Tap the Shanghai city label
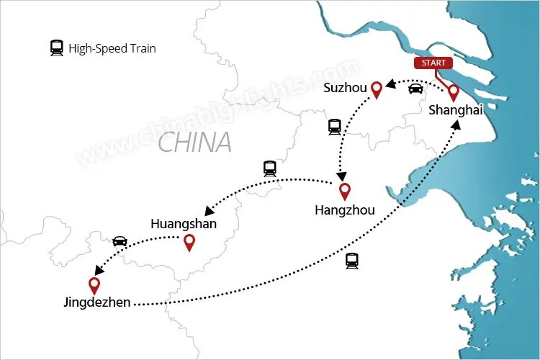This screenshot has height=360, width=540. pyautogui.click(x=455, y=110)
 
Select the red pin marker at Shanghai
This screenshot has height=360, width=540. pyautogui.click(x=454, y=92)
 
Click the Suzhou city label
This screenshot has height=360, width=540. pyautogui.click(x=346, y=89)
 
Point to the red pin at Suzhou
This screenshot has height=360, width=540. pyautogui.click(x=375, y=89)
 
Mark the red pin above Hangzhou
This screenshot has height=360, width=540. pyautogui.click(x=345, y=191)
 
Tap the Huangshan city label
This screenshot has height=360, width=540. pyautogui.click(x=184, y=224)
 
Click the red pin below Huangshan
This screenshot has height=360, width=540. pyautogui.click(x=189, y=243)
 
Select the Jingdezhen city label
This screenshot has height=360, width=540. pyautogui.click(x=97, y=303)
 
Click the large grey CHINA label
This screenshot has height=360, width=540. pyautogui.click(x=194, y=142)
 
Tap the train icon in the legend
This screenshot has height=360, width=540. pyautogui.click(x=56, y=48)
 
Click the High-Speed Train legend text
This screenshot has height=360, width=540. pyautogui.click(x=112, y=49)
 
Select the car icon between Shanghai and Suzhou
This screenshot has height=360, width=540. pyautogui.click(x=415, y=89)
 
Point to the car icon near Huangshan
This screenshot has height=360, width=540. pyautogui.click(x=120, y=241)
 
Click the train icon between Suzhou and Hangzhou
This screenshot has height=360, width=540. pyautogui.click(x=334, y=127)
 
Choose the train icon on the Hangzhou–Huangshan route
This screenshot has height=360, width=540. pyautogui.click(x=270, y=168)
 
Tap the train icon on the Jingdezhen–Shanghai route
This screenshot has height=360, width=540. pyautogui.click(x=352, y=261)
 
